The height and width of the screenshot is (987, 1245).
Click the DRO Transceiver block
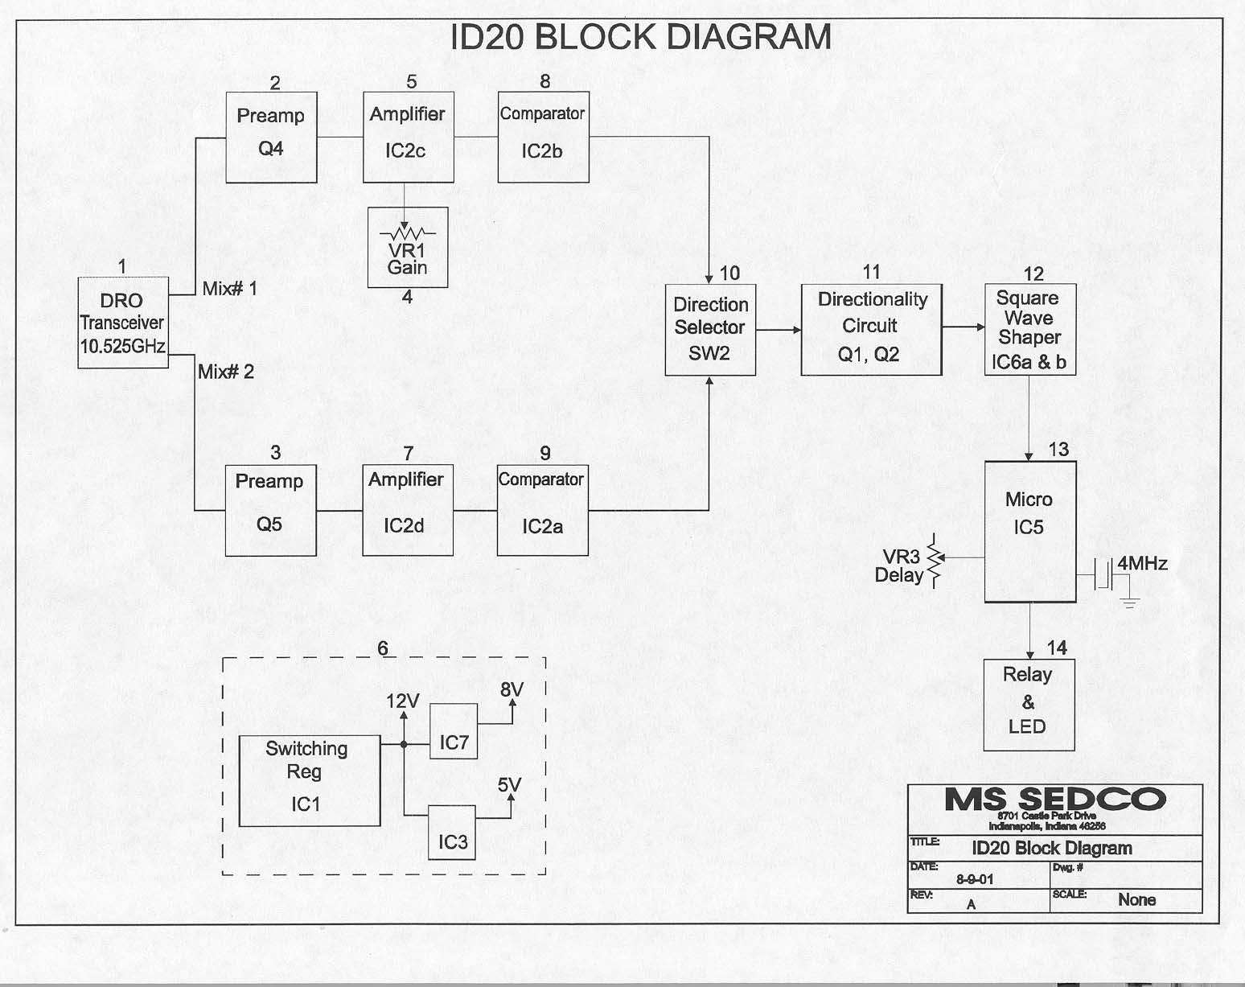pyautogui.click(x=123, y=323)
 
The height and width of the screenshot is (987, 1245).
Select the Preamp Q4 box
pyautogui.click(x=271, y=137)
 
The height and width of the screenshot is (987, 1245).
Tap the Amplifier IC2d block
pyautogui.click(x=408, y=510)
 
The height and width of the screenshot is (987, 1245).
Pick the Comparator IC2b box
pyautogui.click(x=543, y=137)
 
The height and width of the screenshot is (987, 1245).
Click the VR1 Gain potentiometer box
pyautogui.click(x=408, y=248)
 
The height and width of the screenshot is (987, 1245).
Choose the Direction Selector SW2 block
pyautogui.click(x=710, y=330)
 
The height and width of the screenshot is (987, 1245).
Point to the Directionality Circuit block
pyautogui.click(x=871, y=329)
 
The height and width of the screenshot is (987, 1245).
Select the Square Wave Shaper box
pyautogui.click(x=1030, y=329)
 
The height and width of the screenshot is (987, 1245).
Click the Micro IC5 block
pyautogui.click(x=1030, y=532)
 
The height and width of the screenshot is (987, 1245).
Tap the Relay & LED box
pyautogui.click(x=1029, y=705)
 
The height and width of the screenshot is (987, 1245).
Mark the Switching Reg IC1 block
pyautogui.click(x=310, y=780)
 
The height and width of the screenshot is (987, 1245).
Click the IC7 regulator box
pyautogui.click(x=454, y=731)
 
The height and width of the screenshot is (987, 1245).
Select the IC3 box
pyautogui.click(x=452, y=832)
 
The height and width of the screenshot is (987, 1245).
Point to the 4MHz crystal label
pyautogui.click(x=1142, y=563)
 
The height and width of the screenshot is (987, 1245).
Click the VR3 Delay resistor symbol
pyautogui.click(x=934, y=559)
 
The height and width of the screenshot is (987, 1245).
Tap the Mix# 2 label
pyautogui.click(x=226, y=372)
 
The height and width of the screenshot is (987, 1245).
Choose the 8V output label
pyautogui.click(x=512, y=689)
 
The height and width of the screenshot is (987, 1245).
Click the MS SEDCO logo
pyautogui.click(x=1054, y=800)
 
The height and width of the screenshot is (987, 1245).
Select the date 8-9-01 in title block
pyautogui.click(x=975, y=879)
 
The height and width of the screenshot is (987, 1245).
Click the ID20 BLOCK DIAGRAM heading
pyautogui.click(x=640, y=38)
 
